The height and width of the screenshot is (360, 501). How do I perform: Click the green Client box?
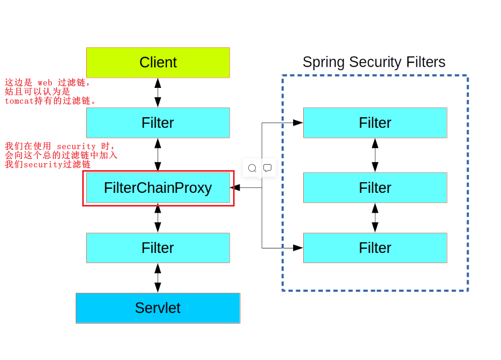coord(158,63)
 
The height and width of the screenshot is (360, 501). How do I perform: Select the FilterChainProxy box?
coord(158,188)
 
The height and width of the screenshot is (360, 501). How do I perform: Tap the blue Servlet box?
coord(158,308)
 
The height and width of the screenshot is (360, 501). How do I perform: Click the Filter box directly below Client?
coord(158,123)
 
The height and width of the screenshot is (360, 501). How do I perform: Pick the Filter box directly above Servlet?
coord(158,248)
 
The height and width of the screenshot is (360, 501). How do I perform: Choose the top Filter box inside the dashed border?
coord(375,123)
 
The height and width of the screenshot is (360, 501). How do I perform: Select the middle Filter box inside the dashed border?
coord(375,188)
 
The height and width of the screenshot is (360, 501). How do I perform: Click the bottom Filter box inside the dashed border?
coord(375,248)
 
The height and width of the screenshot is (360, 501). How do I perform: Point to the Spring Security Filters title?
coord(374,62)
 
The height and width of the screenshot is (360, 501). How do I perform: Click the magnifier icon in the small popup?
coord(252,168)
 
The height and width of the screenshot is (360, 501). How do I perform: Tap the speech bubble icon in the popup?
coord(267,168)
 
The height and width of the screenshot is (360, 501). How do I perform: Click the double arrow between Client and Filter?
coord(158,93)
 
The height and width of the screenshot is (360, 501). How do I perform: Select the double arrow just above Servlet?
coord(158,278)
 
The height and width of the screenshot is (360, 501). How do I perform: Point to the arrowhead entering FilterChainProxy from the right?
coord(235,188)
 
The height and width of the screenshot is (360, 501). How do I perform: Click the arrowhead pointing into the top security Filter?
coord(298,123)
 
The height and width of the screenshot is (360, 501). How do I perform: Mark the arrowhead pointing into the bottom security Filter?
coord(298,248)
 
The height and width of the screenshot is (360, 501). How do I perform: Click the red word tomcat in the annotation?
coord(19,101)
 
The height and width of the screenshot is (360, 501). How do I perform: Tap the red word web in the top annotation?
coord(45,83)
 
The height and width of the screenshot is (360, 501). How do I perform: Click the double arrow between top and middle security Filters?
coord(375,155)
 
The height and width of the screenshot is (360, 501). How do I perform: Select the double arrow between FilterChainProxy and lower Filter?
coord(158,218)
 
